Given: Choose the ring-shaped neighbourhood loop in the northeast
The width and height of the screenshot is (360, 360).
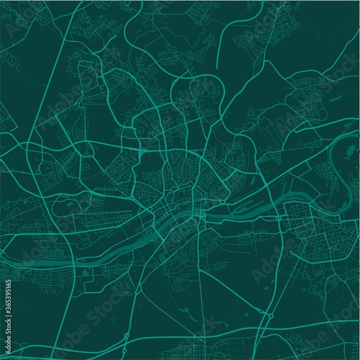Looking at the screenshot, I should point(299,101).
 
